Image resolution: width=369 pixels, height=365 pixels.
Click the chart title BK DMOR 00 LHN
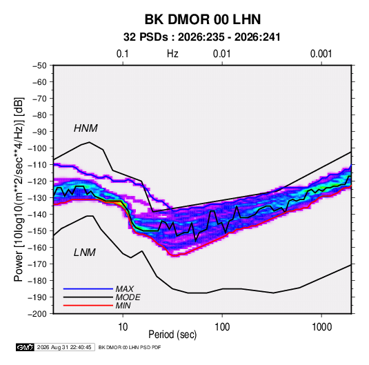point(203,19)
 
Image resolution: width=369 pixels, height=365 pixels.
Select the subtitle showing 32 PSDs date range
point(202,37)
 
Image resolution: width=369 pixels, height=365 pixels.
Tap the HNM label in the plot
point(86,128)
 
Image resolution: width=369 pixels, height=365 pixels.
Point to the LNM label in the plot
point(85,253)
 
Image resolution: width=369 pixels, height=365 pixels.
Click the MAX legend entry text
point(125,288)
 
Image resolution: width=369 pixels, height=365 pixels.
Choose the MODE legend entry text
point(128,297)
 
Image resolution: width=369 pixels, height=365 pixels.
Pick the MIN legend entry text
point(123,306)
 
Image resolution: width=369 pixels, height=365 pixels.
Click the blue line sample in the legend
point(88,288)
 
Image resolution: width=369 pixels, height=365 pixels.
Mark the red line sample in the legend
point(88,306)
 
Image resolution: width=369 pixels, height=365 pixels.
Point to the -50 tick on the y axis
point(39,66)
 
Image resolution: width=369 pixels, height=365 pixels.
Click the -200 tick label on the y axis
point(37,314)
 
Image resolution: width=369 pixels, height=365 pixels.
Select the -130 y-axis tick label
point(37,198)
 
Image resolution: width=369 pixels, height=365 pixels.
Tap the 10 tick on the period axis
point(123,327)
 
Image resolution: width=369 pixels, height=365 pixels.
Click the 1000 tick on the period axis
point(321,327)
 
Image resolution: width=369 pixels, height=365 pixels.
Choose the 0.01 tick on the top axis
point(221,54)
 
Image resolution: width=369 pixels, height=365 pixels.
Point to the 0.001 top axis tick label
point(321,54)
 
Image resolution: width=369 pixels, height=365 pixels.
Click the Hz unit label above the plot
point(172,54)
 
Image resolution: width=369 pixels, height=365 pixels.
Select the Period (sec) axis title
point(172,335)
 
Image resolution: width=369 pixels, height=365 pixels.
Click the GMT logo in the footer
point(25,347)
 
